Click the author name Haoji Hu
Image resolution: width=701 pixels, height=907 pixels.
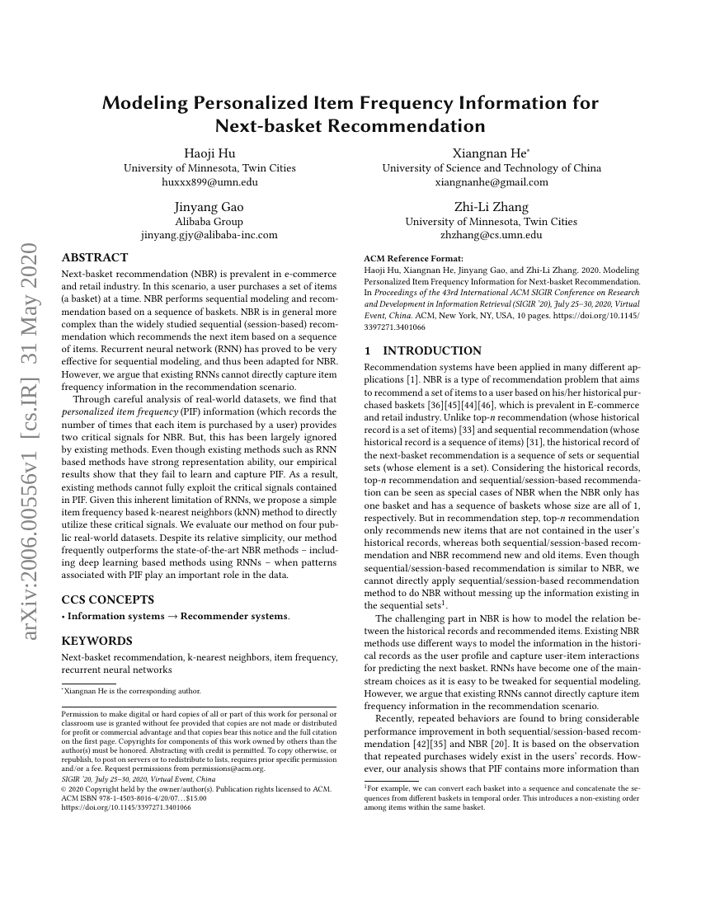[209, 153]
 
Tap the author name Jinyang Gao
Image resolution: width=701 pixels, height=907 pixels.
[209, 206]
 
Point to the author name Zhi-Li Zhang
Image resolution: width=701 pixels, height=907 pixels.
[492, 206]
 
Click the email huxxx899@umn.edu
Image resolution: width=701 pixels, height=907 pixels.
[209, 182]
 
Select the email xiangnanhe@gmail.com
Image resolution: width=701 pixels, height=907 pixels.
[492, 182]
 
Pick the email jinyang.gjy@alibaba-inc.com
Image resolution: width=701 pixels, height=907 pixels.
[209, 235]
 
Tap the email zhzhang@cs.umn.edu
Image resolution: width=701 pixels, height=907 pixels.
[492, 235]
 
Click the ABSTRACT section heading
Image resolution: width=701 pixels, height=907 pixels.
[95, 258]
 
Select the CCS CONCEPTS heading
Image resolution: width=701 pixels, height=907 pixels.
[106, 599]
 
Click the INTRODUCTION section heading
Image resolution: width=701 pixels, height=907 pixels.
[422, 350]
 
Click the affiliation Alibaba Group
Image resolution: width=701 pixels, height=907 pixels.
[209, 221]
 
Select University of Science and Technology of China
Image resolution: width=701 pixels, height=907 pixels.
[492, 168]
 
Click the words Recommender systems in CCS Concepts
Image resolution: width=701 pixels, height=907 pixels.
[234, 616]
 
